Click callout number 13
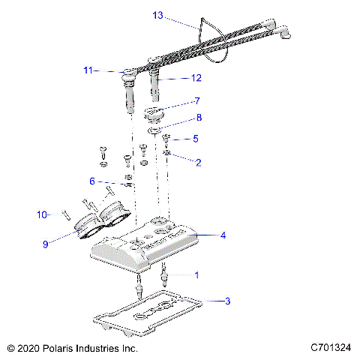click(158, 16)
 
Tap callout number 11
click(88, 70)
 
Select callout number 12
click(196, 78)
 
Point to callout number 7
click(197, 101)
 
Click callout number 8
click(199, 118)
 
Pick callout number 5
click(196, 139)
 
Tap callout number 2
click(199, 163)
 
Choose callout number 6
click(92, 181)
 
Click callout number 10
click(42, 214)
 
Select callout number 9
click(45, 244)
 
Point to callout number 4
click(223, 235)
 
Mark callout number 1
click(197, 275)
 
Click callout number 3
click(227, 301)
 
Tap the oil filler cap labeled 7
click(152, 115)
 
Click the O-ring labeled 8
click(154, 130)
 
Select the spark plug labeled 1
click(164, 274)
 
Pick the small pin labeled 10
click(66, 215)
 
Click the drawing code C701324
click(331, 347)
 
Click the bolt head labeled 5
click(166, 137)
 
